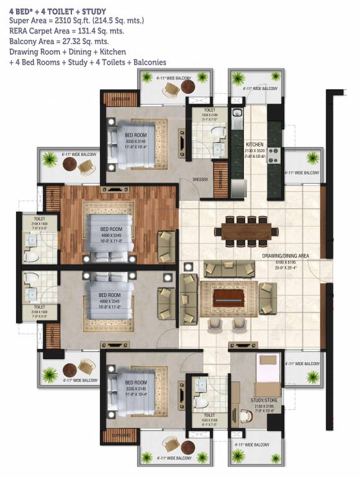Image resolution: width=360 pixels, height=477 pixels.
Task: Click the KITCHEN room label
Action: [x=255, y=143]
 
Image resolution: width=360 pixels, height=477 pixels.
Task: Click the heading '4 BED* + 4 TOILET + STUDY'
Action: [x=58, y=11]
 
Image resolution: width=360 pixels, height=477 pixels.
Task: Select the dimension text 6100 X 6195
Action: [x=287, y=263]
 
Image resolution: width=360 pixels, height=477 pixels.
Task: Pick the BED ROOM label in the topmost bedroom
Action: [x=136, y=135]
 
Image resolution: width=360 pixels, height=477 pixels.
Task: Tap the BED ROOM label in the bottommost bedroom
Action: [x=136, y=382]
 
